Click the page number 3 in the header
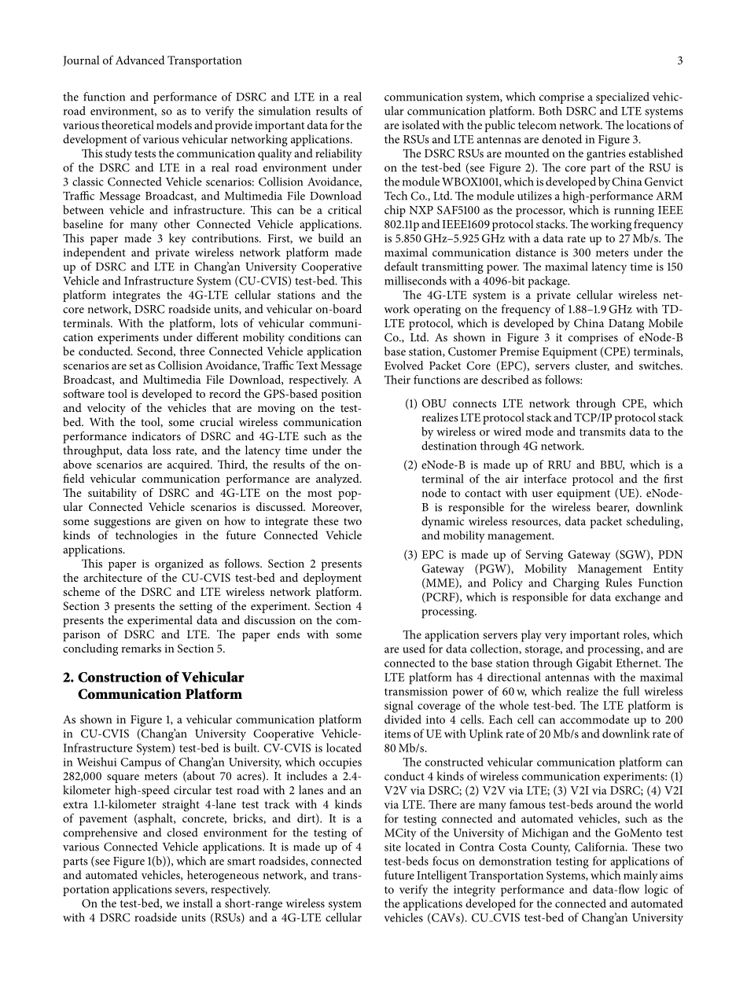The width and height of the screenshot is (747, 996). (x=680, y=61)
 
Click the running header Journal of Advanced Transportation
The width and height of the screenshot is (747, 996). (x=153, y=61)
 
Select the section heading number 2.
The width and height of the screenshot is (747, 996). (x=68, y=678)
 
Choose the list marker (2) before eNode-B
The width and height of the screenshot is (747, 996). (x=410, y=465)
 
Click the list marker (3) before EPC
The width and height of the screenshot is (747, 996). (x=410, y=555)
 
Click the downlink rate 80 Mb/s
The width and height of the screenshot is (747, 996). (x=404, y=748)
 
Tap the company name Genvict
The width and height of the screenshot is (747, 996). (x=659, y=182)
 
